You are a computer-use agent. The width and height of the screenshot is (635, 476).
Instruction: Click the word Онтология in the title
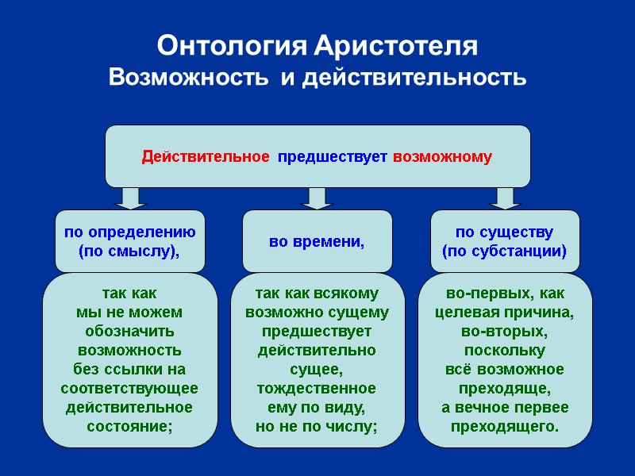pyautogui.click(x=229, y=45)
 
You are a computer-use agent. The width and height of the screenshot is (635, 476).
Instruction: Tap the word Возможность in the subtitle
pyautogui.click(x=187, y=79)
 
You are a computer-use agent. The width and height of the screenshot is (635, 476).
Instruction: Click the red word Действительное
pyautogui.click(x=206, y=156)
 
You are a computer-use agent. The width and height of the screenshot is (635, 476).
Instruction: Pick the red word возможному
pyautogui.click(x=442, y=156)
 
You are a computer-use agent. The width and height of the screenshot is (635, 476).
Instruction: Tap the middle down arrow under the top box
pyautogui.click(x=317, y=198)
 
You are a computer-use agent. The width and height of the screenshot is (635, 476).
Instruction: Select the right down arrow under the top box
pyautogui.click(x=504, y=198)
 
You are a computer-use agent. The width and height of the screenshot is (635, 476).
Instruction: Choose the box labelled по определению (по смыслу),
pyautogui.click(x=129, y=241)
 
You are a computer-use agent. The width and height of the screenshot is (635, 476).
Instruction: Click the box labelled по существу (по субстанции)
pyautogui.click(x=504, y=241)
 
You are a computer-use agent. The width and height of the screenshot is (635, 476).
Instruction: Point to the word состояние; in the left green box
pyautogui.click(x=129, y=426)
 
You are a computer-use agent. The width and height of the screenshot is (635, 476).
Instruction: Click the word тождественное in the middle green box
pyautogui.click(x=317, y=389)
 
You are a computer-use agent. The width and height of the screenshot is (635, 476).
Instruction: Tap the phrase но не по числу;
pyautogui.click(x=317, y=427)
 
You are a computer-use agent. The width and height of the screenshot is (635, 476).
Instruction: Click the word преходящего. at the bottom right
pyautogui.click(x=505, y=427)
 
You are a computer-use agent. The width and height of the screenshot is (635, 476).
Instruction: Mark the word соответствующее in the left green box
pyautogui.click(x=129, y=389)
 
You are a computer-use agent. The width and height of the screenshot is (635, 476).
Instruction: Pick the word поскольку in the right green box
pyautogui.click(x=505, y=351)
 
